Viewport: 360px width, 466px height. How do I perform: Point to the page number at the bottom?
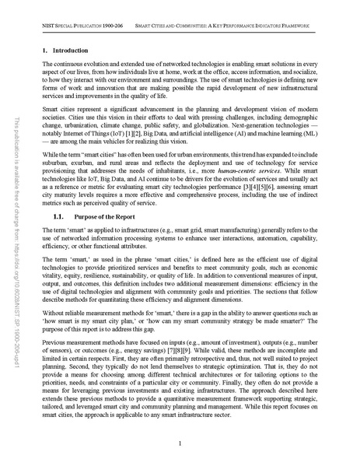180,443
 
